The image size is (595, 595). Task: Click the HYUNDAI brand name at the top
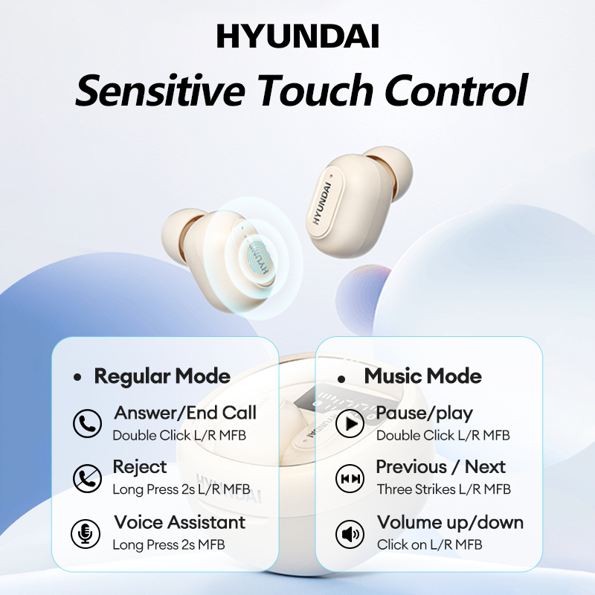coord(297,36)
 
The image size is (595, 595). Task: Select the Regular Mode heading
coord(161,376)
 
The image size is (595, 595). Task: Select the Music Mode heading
coord(422,376)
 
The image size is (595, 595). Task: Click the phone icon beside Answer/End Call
coord(87,424)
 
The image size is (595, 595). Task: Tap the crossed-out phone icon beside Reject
coord(87,478)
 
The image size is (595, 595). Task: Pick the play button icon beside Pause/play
coord(350,424)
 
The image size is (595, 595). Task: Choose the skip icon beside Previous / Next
coord(350,478)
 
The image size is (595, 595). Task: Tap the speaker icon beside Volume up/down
coord(349,533)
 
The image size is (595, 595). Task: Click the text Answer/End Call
coord(185,413)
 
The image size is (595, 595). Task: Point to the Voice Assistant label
coord(179,522)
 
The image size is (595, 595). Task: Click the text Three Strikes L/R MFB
coord(443,489)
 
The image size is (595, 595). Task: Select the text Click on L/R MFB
coord(429,544)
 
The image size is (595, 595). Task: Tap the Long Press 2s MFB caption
coord(168,544)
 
